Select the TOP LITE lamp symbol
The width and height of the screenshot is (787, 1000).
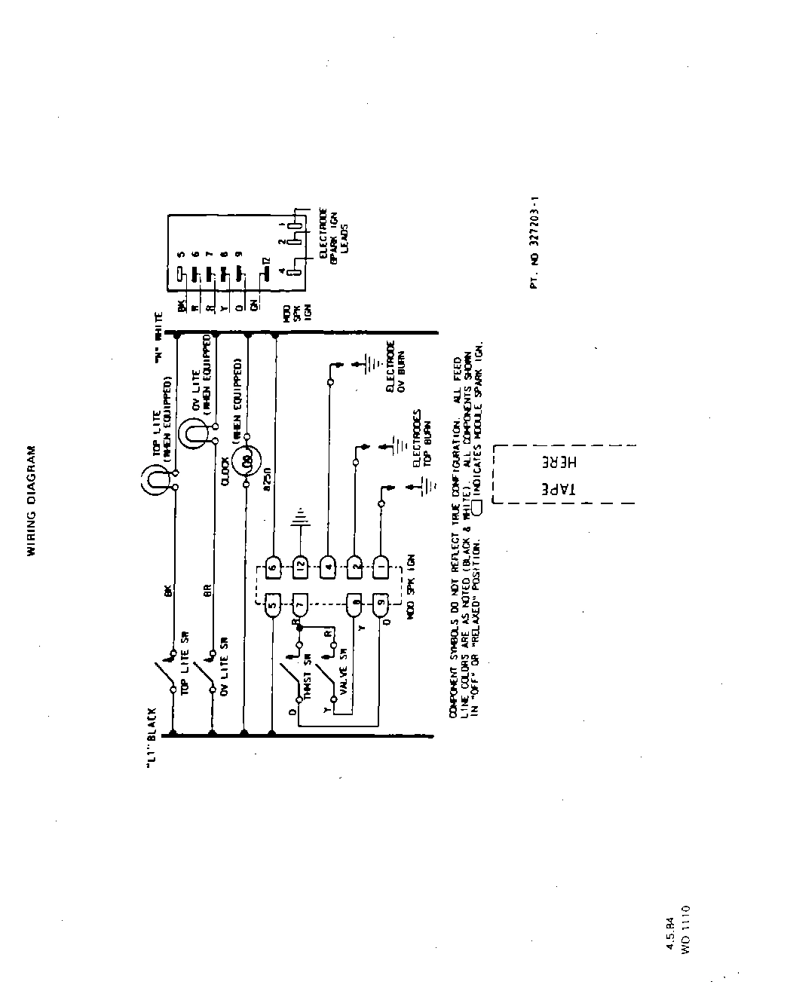click(155, 479)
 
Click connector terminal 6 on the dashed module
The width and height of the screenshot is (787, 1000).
click(272, 565)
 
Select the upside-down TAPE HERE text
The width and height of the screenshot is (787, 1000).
click(560, 474)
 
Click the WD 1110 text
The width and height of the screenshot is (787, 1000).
click(685, 931)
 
